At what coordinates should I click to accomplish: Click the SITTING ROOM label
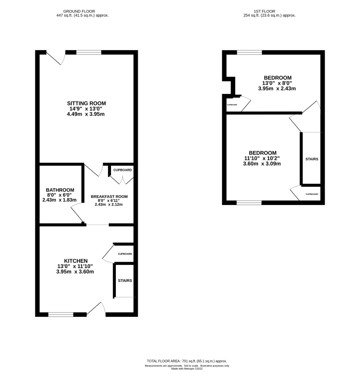(x=87, y=103)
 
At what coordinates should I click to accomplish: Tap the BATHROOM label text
(x=60, y=190)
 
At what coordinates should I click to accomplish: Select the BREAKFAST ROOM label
(x=109, y=196)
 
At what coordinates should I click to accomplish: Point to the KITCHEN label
(x=76, y=261)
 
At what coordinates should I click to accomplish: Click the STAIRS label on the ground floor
(x=125, y=281)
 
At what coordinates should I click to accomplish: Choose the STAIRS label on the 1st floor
(x=312, y=159)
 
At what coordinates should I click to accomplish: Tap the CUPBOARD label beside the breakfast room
(x=122, y=170)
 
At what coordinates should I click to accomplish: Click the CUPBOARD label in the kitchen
(x=125, y=254)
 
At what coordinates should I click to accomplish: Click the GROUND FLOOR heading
(x=79, y=11)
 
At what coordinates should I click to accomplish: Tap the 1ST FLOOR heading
(x=265, y=11)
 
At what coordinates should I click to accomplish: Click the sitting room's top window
(x=89, y=52)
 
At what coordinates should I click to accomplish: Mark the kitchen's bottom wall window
(x=61, y=315)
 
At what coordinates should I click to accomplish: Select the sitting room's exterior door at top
(x=56, y=58)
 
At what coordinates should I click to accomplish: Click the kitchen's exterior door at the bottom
(x=96, y=309)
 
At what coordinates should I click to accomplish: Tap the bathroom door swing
(x=77, y=213)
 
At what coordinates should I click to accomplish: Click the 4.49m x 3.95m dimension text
(x=86, y=114)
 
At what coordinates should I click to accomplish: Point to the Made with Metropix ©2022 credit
(x=187, y=369)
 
